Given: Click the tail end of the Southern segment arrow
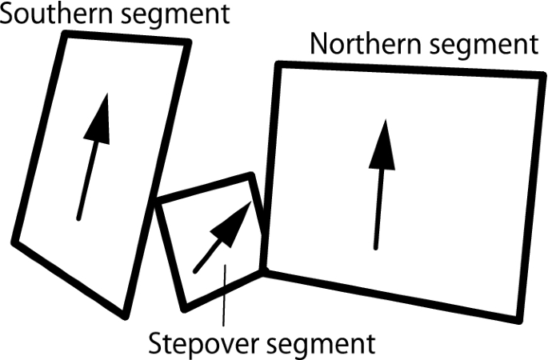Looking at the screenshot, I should click(78, 217).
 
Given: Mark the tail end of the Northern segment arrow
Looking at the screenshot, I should click(375, 246).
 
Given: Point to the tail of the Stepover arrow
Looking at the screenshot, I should click(194, 271).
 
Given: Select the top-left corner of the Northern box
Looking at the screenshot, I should click(278, 65).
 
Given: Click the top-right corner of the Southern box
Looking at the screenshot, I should click(189, 42).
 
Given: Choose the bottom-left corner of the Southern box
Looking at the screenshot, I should click(14, 243).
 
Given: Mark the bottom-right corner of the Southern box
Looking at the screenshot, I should click(125, 314).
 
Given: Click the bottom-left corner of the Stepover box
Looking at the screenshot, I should click(186, 307).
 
